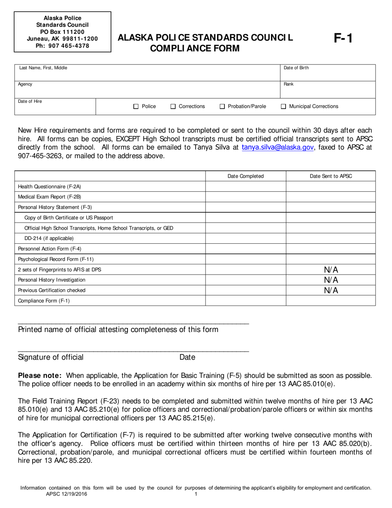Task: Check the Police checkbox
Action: click(136, 107)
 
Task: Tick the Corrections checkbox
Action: click(173, 107)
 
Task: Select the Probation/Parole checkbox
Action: click(222, 107)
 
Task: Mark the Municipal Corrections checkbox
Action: click(283, 107)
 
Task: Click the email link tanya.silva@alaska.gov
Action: click(278, 147)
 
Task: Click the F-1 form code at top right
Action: click(343, 39)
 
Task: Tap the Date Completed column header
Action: click(246, 176)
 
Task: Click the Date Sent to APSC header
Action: click(331, 176)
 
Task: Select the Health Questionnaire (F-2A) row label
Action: click(50, 187)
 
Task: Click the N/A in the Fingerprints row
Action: click(331, 270)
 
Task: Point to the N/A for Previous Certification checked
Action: click(331, 290)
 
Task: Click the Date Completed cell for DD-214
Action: click(246, 238)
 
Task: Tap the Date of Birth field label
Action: click(296, 68)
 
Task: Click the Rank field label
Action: click(288, 84)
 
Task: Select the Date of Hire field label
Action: click(30, 101)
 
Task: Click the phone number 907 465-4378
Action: click(62, 46)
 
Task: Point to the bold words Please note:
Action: click(40, 376)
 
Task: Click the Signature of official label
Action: click(51, 357)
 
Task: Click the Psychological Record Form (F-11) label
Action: click(56, 259)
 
